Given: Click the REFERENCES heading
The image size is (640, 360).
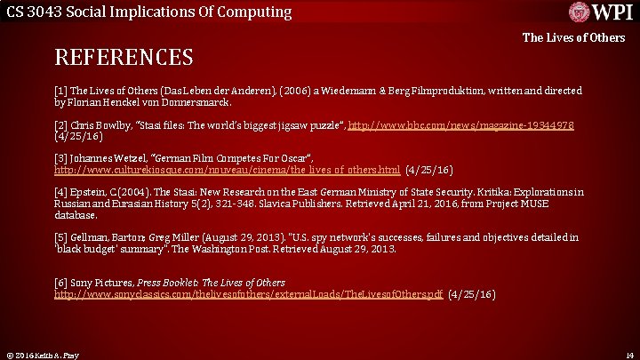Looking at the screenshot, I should click(x=124, y=58).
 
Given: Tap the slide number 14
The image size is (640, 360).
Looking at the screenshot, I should click(x=628, y=355).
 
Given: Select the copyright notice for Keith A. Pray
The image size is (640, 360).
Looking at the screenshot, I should click(x=42, y=355).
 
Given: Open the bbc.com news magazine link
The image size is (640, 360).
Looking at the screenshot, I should click(x=460, y=125).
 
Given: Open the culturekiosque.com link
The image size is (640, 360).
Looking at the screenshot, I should click(x=227, y=169).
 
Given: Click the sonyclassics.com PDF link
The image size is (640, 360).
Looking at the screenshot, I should click(x=249, y=293).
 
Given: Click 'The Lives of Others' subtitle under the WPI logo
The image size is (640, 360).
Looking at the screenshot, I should click(x=573, y=37).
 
